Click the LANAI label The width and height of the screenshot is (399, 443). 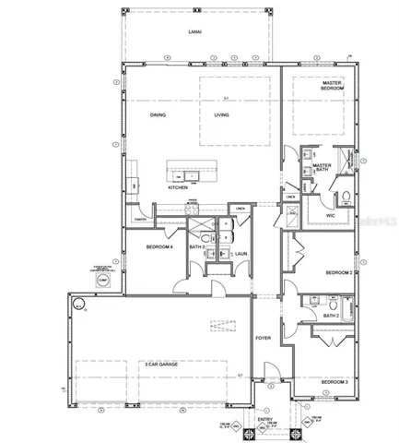194,33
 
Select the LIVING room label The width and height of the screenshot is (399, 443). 221,115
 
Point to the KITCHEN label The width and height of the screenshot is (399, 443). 178,187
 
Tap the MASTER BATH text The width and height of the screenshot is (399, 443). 322,168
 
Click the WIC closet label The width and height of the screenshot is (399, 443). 330,215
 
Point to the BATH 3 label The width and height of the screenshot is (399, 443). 196,247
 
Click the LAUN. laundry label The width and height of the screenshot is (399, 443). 241,253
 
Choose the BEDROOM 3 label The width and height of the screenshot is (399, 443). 334,381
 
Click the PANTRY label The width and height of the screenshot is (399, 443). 141,220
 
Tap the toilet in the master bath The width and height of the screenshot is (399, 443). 344,197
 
